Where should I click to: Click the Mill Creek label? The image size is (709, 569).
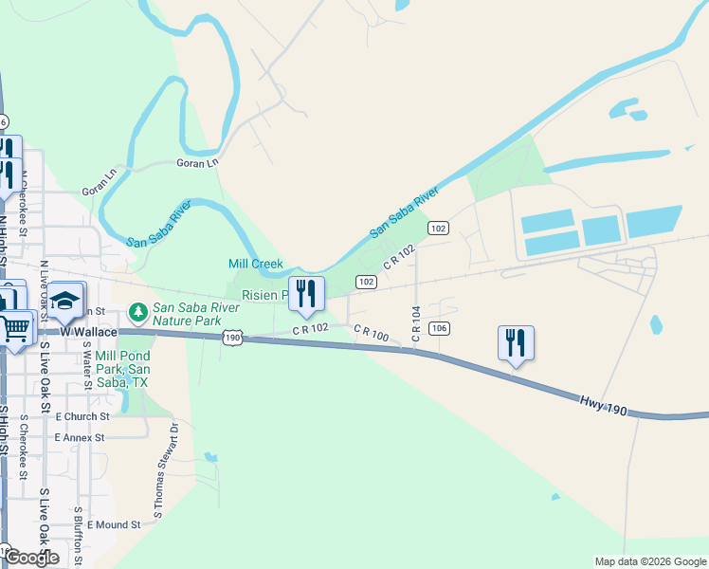click(256, 263)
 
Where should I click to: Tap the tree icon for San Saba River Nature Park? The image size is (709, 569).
click(137, 311)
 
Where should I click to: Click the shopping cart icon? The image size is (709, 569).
click(16, 328)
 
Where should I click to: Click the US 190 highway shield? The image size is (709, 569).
click(233, 338)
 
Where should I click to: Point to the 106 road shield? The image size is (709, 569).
click(438, 328)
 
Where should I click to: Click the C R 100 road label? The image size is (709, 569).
click(372, 334)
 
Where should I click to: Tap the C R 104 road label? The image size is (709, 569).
click(415, 324)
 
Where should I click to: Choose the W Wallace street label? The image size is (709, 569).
click(88, 332)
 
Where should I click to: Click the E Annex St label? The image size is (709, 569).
click(79, 437)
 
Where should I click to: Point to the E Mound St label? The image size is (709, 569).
click(113, 523)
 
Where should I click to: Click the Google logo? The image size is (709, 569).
click(31, 558)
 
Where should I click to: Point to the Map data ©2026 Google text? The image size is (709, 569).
click(649, 561)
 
